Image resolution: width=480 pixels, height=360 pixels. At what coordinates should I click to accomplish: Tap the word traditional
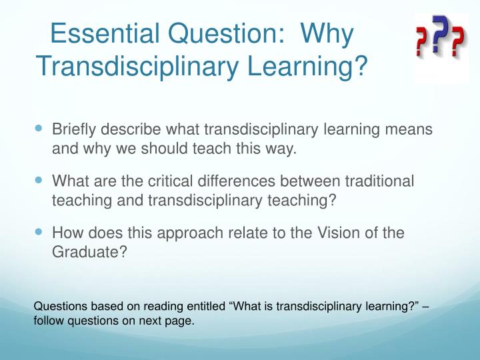[379, 181]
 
